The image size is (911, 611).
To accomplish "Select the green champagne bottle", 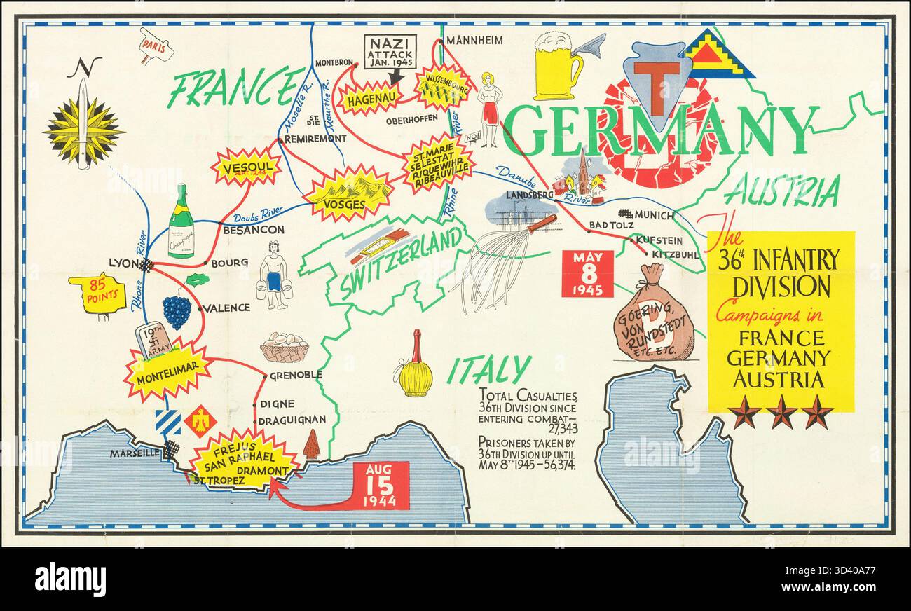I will click(x=181, y=222).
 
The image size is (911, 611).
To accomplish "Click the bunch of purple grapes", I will click(x=177, y=311).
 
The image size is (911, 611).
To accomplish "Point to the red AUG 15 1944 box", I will click(x=381, y=485).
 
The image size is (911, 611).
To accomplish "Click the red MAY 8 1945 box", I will click(x=587, y=273).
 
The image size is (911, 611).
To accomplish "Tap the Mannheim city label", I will click(x=474, y=40).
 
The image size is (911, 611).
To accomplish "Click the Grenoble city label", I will click(x=296, y=375).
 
